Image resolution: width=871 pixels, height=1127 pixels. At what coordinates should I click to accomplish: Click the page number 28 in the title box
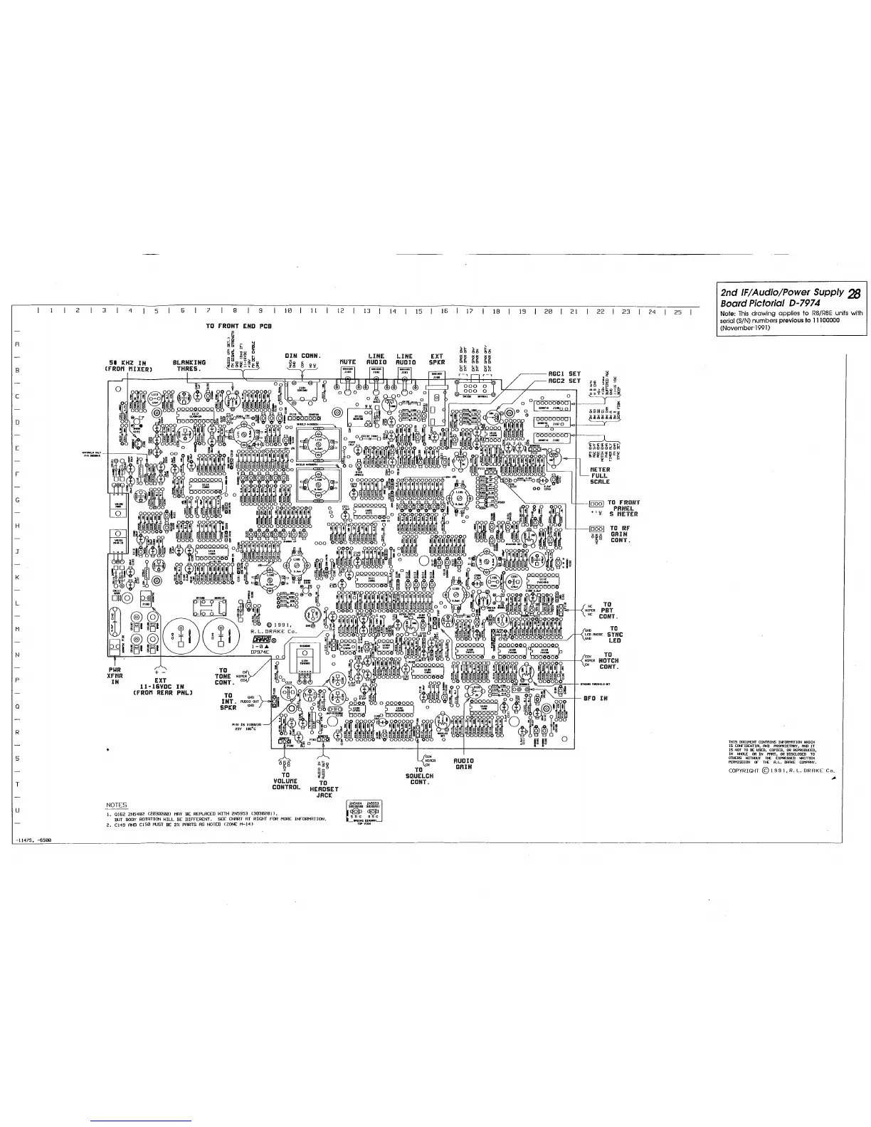pyautogui.click(x=855, y=292)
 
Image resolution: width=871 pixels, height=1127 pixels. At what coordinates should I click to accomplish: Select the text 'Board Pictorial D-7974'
pyautogui.click(x=767, y=303)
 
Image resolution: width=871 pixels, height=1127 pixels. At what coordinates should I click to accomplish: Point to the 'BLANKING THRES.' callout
pyautogui.click(x=189, y=366)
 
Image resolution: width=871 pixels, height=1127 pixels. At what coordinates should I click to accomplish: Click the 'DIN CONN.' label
pyautogui.click(x=302, y=356)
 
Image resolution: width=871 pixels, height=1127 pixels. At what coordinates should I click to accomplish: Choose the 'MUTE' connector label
pyautogui.click(x=347, y=363)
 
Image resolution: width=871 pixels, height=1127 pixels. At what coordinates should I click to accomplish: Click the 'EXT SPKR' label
pyautogui.click(x=437, y=359)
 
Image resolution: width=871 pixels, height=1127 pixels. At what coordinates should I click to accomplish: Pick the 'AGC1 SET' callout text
pyautogui.click(x=564, y=374)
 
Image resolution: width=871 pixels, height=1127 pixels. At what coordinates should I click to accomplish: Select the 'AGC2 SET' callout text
pyautogui.click(x=564, y=381)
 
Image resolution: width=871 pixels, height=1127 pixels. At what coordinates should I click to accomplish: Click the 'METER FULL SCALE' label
pyautogui.click(x=600, y=475)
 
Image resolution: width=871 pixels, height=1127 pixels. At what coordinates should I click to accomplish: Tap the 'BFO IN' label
pyautogui.click(x=595, y=699)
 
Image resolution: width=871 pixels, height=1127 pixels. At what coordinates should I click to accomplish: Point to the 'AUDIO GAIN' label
pyautogui.click(x=464, y=763)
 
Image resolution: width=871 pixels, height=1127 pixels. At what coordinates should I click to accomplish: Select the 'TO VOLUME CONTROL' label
pyautogui.click(x=285, y=782)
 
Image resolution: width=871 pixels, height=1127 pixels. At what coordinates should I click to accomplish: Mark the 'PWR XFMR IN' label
pyautogui.click(x=115, y=675)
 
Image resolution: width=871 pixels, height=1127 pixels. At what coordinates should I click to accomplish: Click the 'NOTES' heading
pyautogui.click(x=116, y=805)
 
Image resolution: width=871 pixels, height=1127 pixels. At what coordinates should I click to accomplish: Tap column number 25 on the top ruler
pyautogui.click(x=677, y=312)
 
